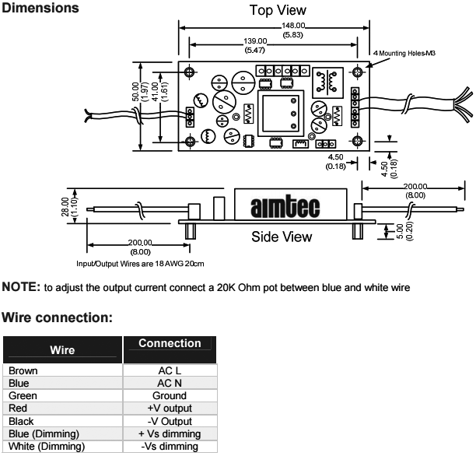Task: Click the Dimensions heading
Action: click(x=40, y=9)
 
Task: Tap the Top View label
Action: click(x=277, y=10)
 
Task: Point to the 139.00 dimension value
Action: click(x=255, y=41)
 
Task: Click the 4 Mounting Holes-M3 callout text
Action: click(x=404, y=53)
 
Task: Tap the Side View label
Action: click(x=281, y=237)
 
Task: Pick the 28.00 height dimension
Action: click(x=66, y=205)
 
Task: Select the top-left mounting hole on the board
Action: click(x=189, y=72)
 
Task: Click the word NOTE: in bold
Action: click(x=21, y=287)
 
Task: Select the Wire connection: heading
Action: click(x=58, y=317)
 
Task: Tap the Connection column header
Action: click(x=169, y=343)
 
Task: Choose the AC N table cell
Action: click(x=169, y=382)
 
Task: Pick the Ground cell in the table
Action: click(x=169, y=395)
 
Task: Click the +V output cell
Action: click(x=169, y=406)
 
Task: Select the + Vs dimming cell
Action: click(x=169, y=433)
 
